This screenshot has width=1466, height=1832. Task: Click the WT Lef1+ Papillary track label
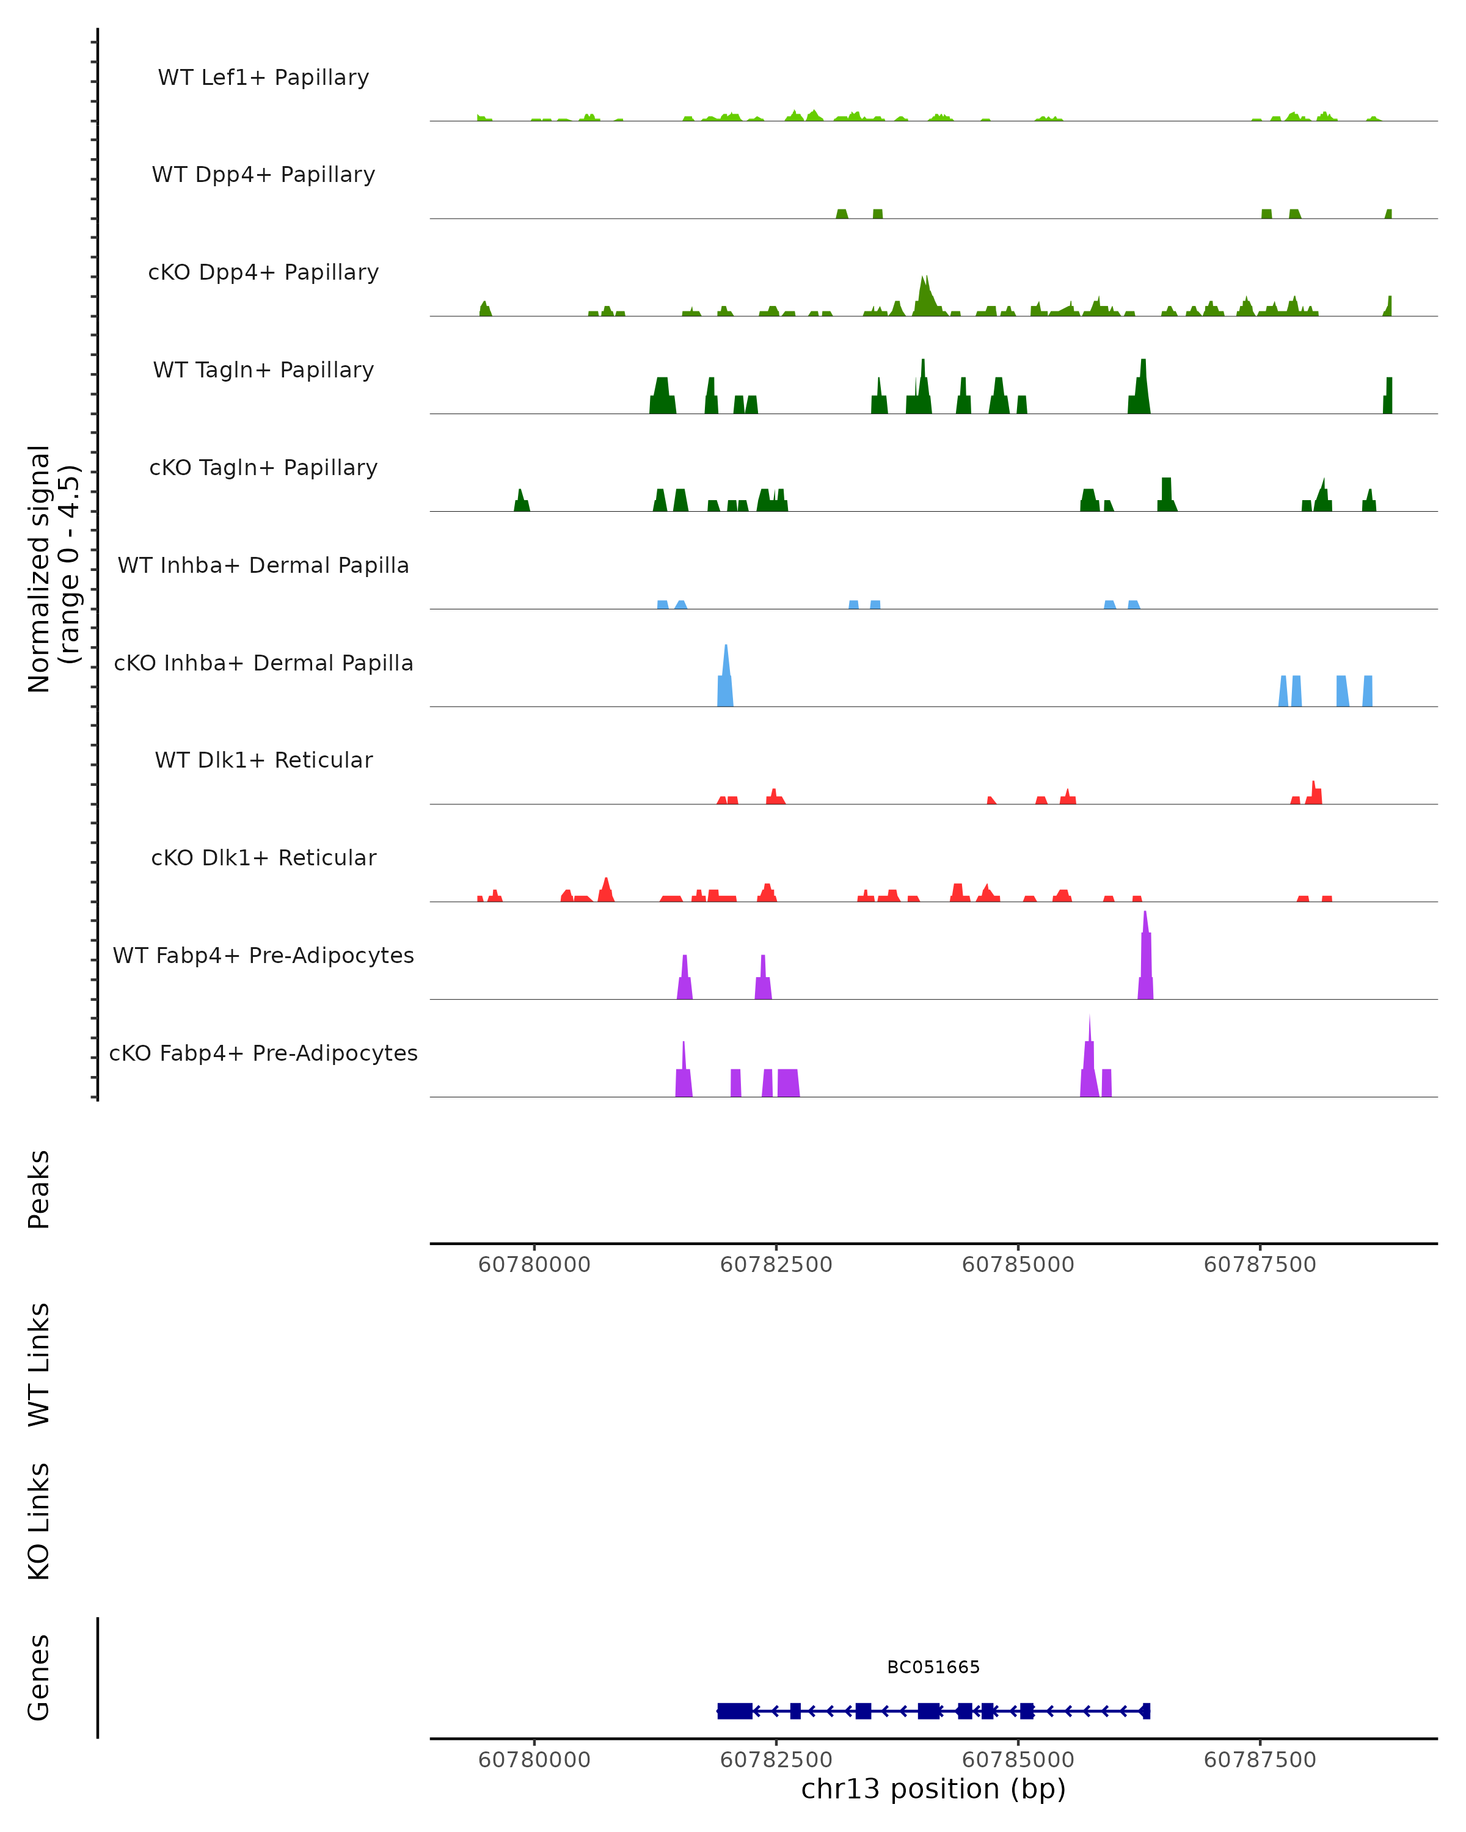tap(263, 78)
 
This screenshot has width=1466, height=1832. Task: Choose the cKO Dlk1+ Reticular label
tap(263, 857)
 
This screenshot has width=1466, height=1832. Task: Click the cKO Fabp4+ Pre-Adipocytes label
tap(263, 1053)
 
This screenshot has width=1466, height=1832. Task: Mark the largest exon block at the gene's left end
tap(734, 1710)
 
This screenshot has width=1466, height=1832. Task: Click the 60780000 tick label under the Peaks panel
tap(534, 1265)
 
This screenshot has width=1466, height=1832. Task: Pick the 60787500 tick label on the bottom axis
tap(1260, 1760)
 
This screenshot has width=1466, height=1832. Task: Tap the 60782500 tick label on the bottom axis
tap(776, 1760)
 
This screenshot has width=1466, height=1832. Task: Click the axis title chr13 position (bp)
tap(933, 1789)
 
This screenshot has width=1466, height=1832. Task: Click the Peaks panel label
tap(39, 1189)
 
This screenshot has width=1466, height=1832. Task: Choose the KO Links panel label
tap(39, 1521)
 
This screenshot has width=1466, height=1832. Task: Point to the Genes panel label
tap(39, 1678)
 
